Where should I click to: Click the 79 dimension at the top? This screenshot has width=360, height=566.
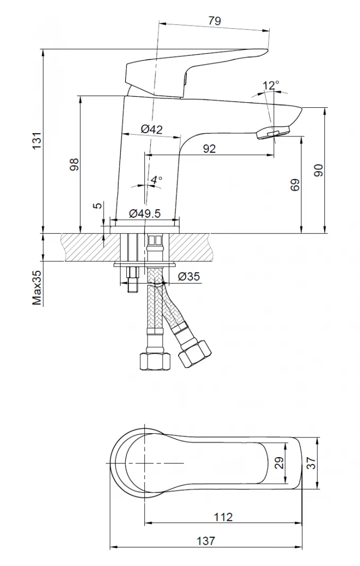pyautogui.click(x=215, y=21)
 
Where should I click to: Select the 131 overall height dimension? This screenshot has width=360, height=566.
pyautogui.click(x=37, y=141)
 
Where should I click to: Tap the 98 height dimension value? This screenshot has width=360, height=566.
pyautogui.click(x=74, y=164)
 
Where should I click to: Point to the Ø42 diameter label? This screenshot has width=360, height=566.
pyautogui.click(x=152, y=129)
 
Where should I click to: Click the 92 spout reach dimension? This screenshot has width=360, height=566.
pyautogui.click(x=209, y=148)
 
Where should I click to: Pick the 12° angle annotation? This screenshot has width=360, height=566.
pyautogui.click(x=271, y=86)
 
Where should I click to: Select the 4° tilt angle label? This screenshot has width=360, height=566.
pyautogui.click(x=156, y=180)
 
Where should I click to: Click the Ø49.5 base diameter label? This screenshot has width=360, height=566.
pyautogui.click(x=144, y=213)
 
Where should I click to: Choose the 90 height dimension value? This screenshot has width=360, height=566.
pyautogui.click(x=319, y=170)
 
